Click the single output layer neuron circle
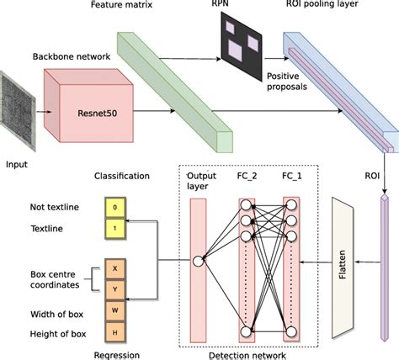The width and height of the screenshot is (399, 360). pos(199,262)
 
